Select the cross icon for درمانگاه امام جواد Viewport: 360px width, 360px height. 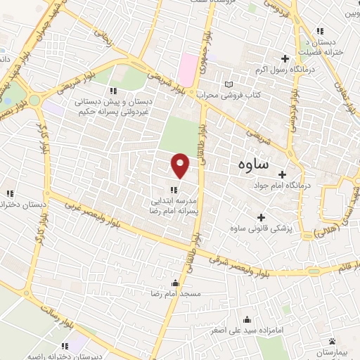(x=283, y=174)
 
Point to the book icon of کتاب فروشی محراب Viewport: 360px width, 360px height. (x=227, y=84)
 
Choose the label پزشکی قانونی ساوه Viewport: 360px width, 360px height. (x=261, y=229)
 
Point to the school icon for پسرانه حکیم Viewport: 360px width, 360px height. (x=112, y=91)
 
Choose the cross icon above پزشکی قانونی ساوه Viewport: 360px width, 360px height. (x=261, y=218)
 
